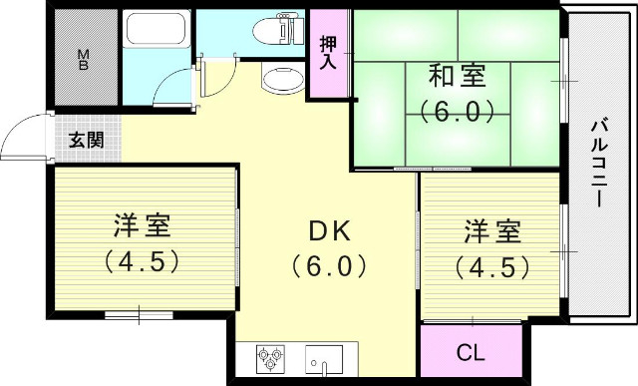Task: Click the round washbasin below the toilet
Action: point(281,79)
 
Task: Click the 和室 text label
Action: point(458,74)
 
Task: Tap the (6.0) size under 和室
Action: point(458,109)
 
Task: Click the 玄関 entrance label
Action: point(85,140)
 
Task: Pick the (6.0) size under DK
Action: point(330,266)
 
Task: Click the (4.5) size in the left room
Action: point(141,261)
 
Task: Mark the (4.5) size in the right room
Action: point(490,266)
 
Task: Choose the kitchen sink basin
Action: point(324,357)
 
